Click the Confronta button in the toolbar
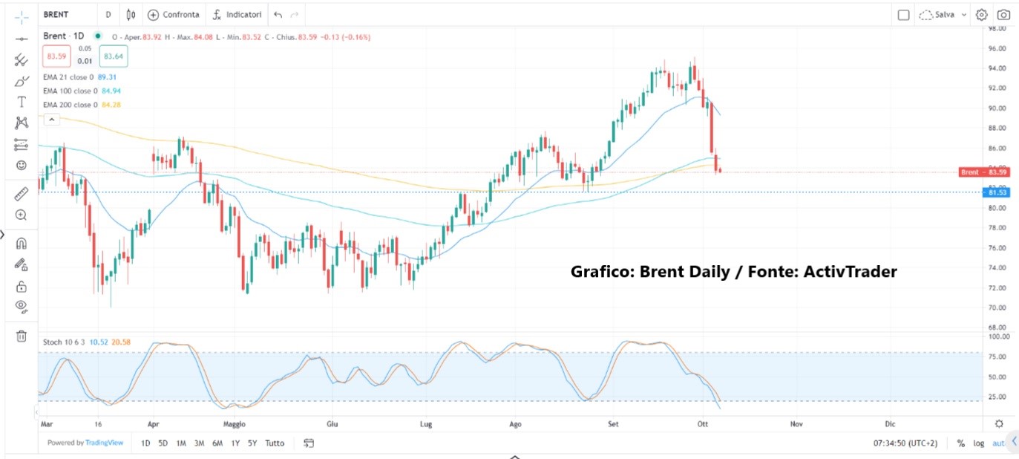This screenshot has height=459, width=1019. pyautogui.click(x=174, y=14)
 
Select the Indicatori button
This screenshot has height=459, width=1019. pyautogui.click(x=237, y=14)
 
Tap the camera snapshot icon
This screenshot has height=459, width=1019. pyautogui.click(x=1003, y=14)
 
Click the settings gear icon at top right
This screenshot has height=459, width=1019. pyautogui.click(x=981, y=14)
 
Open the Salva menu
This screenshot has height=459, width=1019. pyautogui.click(x=943, y=14)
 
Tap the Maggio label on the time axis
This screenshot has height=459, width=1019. pyautogui.click(x=234, y=424)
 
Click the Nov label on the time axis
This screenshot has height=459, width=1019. pyautogui.click(x=796, y=424)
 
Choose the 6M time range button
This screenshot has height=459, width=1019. pyautogui.click(x=217, y=443)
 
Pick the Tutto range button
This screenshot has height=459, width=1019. pyautogui.click(x=275, y=443)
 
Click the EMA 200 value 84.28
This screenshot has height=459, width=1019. pyautogui.click(x=111, y=105)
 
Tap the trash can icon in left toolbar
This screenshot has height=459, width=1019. pyautogui.click(x=22, y=336)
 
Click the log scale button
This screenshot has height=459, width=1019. pyautogui.click(x=979, y=443)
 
